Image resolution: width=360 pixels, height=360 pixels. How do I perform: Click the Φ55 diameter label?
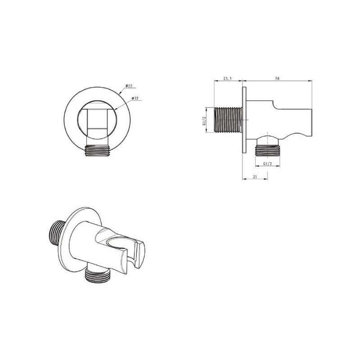coord(129,86)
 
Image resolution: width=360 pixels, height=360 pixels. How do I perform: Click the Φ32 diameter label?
coord(135,98)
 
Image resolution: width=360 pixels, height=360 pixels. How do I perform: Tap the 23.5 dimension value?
coord(228,78)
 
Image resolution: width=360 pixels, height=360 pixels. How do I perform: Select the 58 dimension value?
coord(277,78)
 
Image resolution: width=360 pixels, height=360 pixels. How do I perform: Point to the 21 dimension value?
coord(255,177)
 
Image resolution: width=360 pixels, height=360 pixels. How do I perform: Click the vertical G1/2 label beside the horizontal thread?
coord(204,120)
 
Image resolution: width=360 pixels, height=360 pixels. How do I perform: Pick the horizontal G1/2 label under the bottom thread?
coord(267,164)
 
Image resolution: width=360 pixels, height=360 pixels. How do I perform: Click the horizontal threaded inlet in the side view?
coord(228,120)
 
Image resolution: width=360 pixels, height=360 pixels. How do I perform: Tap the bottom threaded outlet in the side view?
coord(267,150)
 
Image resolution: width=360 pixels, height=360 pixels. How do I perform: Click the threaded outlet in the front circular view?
coord(97,151)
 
